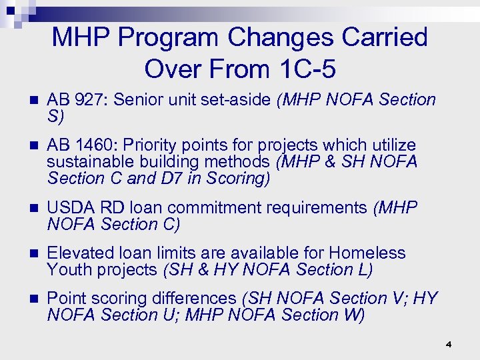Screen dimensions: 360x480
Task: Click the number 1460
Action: (96, 145)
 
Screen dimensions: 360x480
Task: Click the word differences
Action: (192, 298)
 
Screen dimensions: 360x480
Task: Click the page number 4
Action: (449, 345)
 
